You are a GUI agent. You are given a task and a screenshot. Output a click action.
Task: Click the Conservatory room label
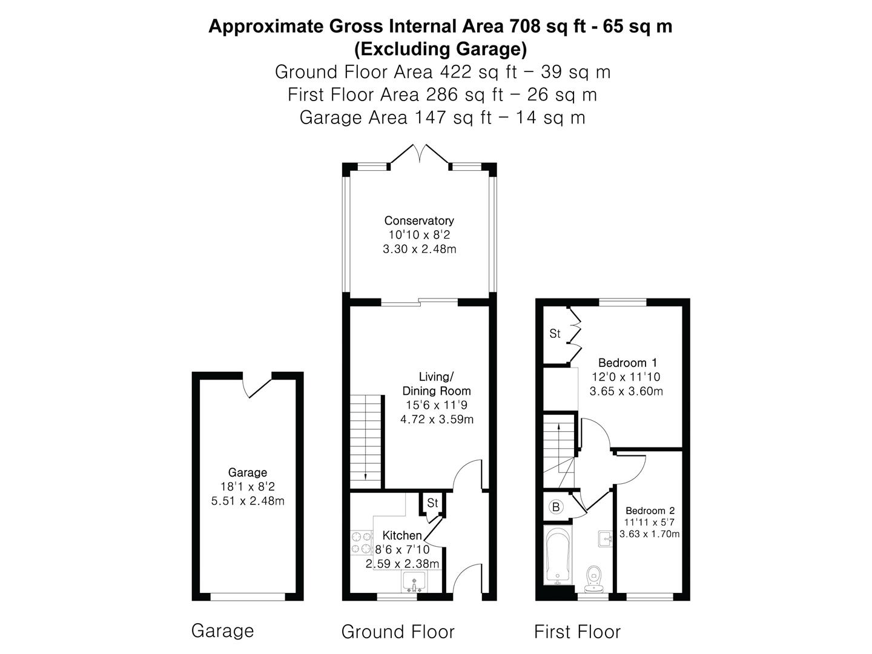pyautogui.click(x=418, y=220)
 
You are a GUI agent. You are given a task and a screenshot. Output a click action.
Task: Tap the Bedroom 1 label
pyautogui.click(x=627, y=363)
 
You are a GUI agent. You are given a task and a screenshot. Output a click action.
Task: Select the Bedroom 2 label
pyautogui.click(x=650, y=510)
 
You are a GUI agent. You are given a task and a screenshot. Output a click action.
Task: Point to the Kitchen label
pyautogui.click(x=402, y=535)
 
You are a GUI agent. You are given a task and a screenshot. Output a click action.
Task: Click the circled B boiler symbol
pyautogui.click(x=556, y=507)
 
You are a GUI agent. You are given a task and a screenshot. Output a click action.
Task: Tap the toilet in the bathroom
pyautogui.click(x=594, y=578)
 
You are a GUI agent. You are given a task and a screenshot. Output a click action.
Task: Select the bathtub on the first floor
pyautogui.click(x=558, y=555)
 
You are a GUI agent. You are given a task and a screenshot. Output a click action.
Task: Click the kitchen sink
pyautogui.click(x=414, y=582)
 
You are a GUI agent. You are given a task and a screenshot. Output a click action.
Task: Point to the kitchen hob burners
pyautogui.click(x=362, y=543)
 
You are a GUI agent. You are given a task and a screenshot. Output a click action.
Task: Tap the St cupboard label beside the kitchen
pyautogui.click(x=432, y=503)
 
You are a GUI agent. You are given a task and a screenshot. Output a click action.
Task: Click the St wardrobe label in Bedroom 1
pyautogui.click(x=555, y=334)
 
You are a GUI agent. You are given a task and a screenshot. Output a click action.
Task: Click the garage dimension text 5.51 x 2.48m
pyautogui.click(x=248, y=501)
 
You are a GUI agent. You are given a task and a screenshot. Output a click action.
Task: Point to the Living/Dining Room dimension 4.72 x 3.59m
pyautogui.click(x=437, y=419)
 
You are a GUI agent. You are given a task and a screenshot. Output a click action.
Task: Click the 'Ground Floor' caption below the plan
pyautogui.click(x=398, y=632)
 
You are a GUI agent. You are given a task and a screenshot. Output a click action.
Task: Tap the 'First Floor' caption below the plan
pyautogui.click(x=577, y=632)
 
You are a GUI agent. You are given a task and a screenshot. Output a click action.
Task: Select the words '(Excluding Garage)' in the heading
pyautogui.click(x=440, y=49)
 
